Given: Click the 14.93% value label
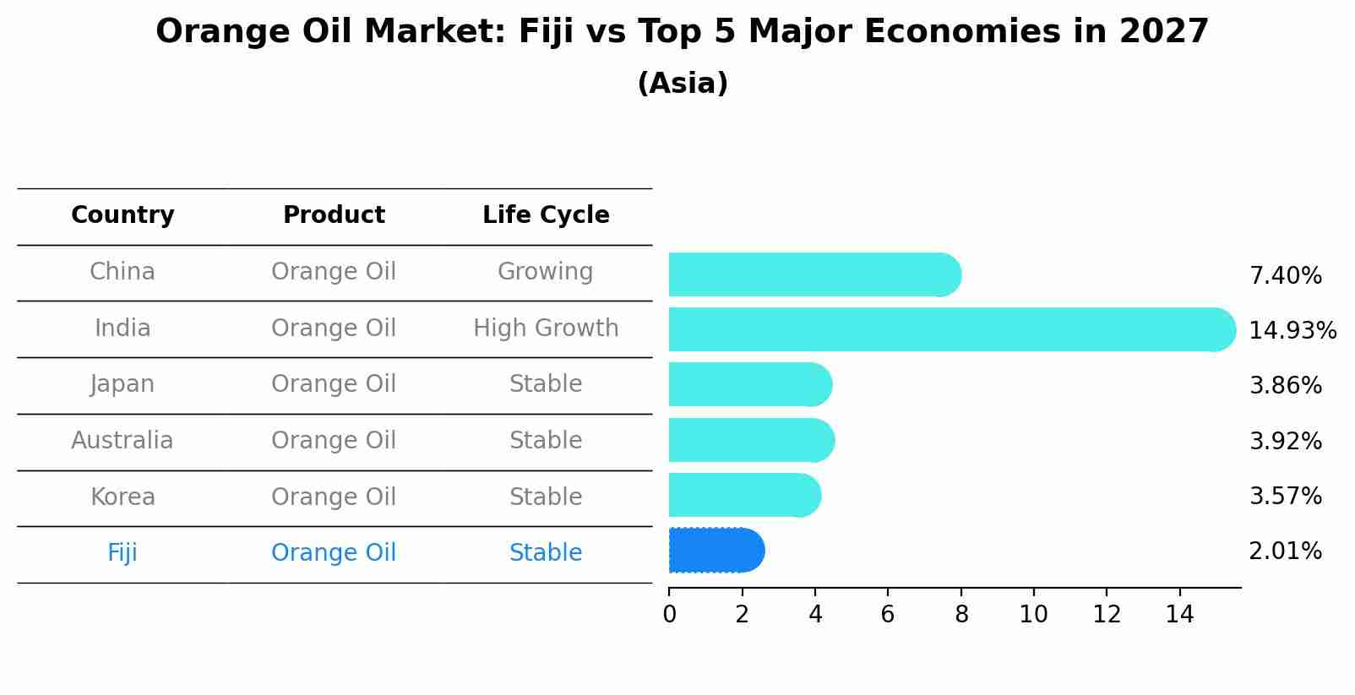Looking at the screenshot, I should point(1292,330).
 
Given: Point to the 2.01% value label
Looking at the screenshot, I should point(1285,551).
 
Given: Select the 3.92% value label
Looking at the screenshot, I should point(1285,441).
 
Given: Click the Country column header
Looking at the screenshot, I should point(122,215).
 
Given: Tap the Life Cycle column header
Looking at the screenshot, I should point(546,215).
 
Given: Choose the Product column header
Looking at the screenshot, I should point(334,215).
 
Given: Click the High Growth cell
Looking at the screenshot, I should point(546,328).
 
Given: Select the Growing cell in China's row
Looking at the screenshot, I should point(545,272).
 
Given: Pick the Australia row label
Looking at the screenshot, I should point(122,441).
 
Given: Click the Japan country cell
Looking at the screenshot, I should point(122,384).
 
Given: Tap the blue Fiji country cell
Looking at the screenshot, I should point(122,553).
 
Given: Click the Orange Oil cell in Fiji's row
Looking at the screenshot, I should point(334,553).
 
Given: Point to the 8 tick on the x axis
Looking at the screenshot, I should point(961,615).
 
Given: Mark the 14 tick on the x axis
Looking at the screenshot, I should point(1179,615).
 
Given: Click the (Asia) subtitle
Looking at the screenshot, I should point(683,84).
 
